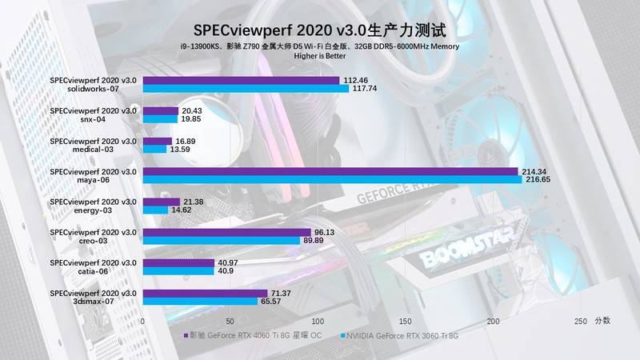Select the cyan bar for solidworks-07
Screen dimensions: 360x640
[x=246, y=89]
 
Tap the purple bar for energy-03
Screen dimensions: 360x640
[x=162, y=202]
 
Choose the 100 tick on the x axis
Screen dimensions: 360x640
[x=318, y=321]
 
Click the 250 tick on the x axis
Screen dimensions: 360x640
[x=581, y=321]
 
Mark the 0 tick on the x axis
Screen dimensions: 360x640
[x=143, y=321]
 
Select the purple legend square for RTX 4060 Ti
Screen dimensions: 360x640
[x=186, y=337]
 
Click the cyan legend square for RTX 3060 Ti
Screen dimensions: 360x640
[x=341, y=337]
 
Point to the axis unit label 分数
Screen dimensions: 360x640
[x=602, y=321]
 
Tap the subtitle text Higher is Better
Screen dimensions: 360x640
[x=320, y=57]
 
